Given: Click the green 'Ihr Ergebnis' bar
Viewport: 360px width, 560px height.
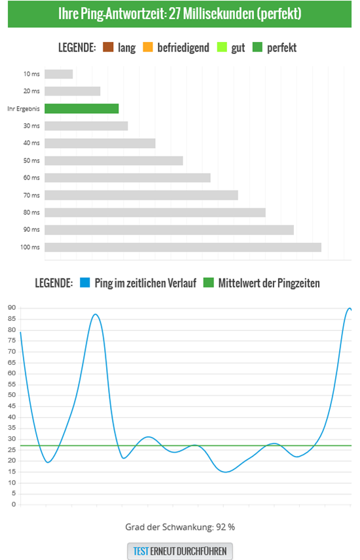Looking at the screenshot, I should click(x=81, y=108).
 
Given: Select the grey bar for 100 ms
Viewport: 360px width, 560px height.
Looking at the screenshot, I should click(x=183, y=247).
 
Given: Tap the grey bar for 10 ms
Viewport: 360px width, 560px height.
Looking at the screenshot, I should click(x=58, y=74).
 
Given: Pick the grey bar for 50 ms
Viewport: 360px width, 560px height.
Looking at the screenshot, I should click(x=113, y=160).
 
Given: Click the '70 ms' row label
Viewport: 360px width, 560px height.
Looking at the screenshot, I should click(x=31, y=195).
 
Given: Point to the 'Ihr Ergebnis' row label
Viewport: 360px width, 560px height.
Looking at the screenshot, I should click(x=24, y=109).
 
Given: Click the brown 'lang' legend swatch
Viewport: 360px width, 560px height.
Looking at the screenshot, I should click(x=108, y=47).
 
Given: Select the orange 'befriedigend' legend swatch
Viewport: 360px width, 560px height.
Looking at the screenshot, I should click(x=147, y=47).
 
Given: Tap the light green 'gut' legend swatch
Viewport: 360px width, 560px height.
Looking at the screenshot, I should click(x=221, y=47).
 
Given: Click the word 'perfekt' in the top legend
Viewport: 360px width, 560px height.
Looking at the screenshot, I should click(x=282, y=47).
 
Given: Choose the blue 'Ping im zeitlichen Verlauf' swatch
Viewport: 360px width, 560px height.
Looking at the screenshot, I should click(x=84, y=283).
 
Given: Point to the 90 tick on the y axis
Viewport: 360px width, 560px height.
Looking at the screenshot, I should click(x=11, y=308).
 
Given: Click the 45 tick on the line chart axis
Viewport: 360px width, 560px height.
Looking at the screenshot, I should click(x=11, y=406).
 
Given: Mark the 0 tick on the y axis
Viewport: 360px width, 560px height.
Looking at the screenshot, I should click(x=13, y=505).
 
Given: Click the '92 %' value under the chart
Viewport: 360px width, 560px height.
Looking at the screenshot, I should click(x=223, y=527).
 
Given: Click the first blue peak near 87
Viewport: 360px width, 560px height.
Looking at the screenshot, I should click(x=96, y=314).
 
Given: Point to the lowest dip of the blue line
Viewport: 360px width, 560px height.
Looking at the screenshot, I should click(x=226, y=472).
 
